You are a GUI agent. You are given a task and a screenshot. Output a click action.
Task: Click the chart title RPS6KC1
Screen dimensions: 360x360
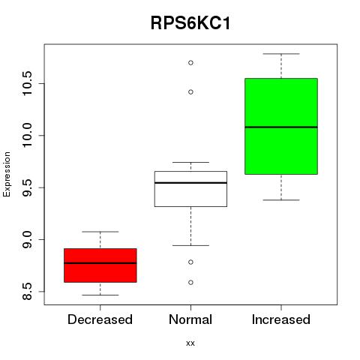(190, 23)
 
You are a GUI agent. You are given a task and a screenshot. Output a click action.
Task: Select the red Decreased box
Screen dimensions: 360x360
(100, 265)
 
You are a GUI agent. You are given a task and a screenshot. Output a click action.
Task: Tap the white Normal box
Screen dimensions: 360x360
(190, 189)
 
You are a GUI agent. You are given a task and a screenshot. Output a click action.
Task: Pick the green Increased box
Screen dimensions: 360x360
(281, 126)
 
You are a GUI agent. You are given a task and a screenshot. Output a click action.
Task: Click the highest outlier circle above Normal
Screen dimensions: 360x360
(190, 63)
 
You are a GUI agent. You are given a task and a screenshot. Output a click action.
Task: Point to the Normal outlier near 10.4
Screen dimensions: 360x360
(190, 92)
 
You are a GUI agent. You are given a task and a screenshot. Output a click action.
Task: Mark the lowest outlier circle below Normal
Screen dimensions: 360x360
(190, 283)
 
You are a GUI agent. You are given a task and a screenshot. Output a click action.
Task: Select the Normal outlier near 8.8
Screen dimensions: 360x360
(190, 262)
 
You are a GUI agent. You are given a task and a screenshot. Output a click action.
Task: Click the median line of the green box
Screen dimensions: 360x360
(281, 127)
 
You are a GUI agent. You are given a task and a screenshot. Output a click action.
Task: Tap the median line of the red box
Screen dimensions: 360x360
(100, 263)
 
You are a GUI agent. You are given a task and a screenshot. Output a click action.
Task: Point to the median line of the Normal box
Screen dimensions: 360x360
(190, 183)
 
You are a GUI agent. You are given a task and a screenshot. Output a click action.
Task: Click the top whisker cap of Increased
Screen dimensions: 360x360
(281, 54)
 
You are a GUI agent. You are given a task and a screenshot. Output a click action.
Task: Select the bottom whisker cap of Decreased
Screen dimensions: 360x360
(100, 295)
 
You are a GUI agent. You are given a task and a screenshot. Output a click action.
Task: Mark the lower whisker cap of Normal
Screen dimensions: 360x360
(190, 245)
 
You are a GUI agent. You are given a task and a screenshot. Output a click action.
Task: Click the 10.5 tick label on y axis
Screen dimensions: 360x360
(26, 83)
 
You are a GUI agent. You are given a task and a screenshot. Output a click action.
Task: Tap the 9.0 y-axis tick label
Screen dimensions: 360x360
(26, 239)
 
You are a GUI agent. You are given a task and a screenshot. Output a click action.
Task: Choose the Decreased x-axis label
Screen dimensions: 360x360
(100, 319)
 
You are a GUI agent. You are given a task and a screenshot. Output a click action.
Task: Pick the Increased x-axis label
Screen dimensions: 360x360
(281, 319)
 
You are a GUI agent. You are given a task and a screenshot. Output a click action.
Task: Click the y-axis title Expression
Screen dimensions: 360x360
(7, 174)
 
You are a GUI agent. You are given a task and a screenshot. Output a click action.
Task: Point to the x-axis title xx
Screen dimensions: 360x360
(190, 343)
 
